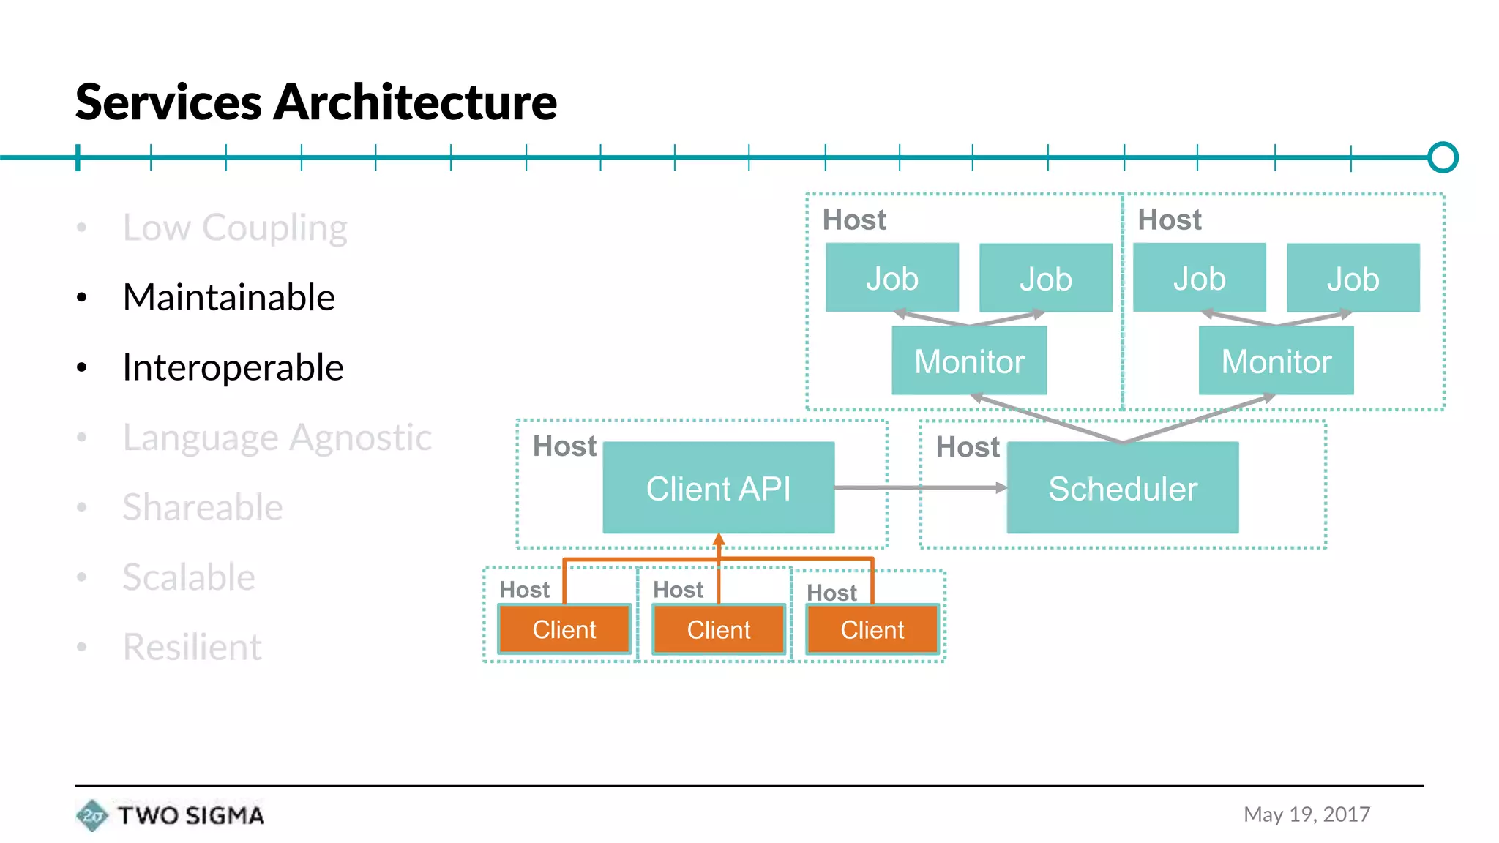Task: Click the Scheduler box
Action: pos(1122,488)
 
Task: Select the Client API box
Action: pos(718,488)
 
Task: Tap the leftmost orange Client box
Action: pos(564,629)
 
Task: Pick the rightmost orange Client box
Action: pos(872,629)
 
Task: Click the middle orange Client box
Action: pos(718,629)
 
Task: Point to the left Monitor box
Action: pos(968,361)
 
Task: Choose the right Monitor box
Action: pos(1276,361)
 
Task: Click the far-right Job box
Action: pos(1353,279)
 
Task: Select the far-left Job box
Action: pos(891,279)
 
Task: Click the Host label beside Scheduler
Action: pos(967,447)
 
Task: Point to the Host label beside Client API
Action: pos(564,446)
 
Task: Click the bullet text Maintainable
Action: pos(228,297)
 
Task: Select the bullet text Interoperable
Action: pos(233,367)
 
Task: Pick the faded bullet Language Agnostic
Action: pos(277,438)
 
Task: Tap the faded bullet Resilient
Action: pos(192,647)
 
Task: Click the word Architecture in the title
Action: pos(414,102)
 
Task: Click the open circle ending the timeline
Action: pos(1442,157)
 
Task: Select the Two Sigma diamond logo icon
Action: pos(91,815)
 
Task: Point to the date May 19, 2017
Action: pos(1307,814)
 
